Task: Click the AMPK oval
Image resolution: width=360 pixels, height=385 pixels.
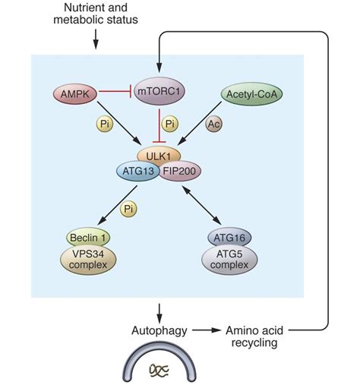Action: click(75, 94)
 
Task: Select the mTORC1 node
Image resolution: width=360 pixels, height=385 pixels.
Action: click(159, 91)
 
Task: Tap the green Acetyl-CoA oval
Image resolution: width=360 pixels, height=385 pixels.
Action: click(251, 94)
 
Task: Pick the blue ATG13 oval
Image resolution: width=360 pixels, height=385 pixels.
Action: click(138, 171)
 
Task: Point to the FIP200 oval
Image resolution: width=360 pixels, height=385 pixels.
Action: click(180, 171)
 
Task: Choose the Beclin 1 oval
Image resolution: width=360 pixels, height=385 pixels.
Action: click(87, 238)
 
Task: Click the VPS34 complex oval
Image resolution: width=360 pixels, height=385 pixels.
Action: click(88, 260)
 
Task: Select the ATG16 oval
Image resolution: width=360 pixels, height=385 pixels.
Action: click(229, 238)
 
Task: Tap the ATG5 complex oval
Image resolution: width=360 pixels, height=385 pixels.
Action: click(229, 260)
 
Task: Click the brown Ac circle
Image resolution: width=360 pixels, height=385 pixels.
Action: click(214, 124)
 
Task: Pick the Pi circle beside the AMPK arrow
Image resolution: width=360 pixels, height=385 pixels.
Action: click(105, 124)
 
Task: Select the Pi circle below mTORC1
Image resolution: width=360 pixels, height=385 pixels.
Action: click(169, 124)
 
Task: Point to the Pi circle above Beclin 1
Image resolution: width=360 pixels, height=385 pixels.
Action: click(128, 209)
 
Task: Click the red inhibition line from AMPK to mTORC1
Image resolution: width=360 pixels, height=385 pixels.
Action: click(115, 91)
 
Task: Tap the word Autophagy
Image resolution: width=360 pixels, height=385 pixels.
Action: click(159, 330)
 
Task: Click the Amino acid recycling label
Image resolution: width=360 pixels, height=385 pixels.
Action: click(254, 336)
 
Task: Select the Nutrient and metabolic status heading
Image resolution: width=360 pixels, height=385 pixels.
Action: click(96, 14)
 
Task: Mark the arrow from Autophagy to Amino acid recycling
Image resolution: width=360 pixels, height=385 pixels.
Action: click(207, 330)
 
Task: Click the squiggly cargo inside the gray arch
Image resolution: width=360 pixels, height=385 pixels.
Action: click(159, 370)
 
